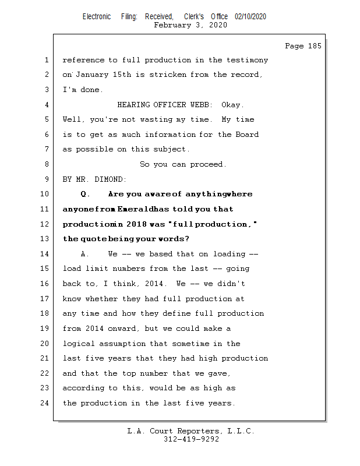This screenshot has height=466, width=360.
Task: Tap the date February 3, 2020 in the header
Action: pyautogui.click(x=190, y=25)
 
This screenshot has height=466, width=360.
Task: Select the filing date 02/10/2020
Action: pyautogui.click(x=250, y=16)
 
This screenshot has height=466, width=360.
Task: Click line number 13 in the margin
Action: pyautogui.click(x=46, y=239)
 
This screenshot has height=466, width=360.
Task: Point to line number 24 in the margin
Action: pyautogui.click(x=46, y=403)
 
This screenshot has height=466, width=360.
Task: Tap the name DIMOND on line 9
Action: pyautogui.click(x=108, y=179)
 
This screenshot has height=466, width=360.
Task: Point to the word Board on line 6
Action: pyautogui.click(x=246, y=135)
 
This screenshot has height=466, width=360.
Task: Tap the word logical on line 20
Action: pyautogui.click(x=79, y=344)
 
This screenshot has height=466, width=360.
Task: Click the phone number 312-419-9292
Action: pyautogui.click(x=191, y=439)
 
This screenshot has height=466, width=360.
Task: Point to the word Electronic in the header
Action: pyautogui.click(x=97, y=16)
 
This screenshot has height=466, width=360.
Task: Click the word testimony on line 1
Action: pyautogui.click(x=248, y=60)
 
